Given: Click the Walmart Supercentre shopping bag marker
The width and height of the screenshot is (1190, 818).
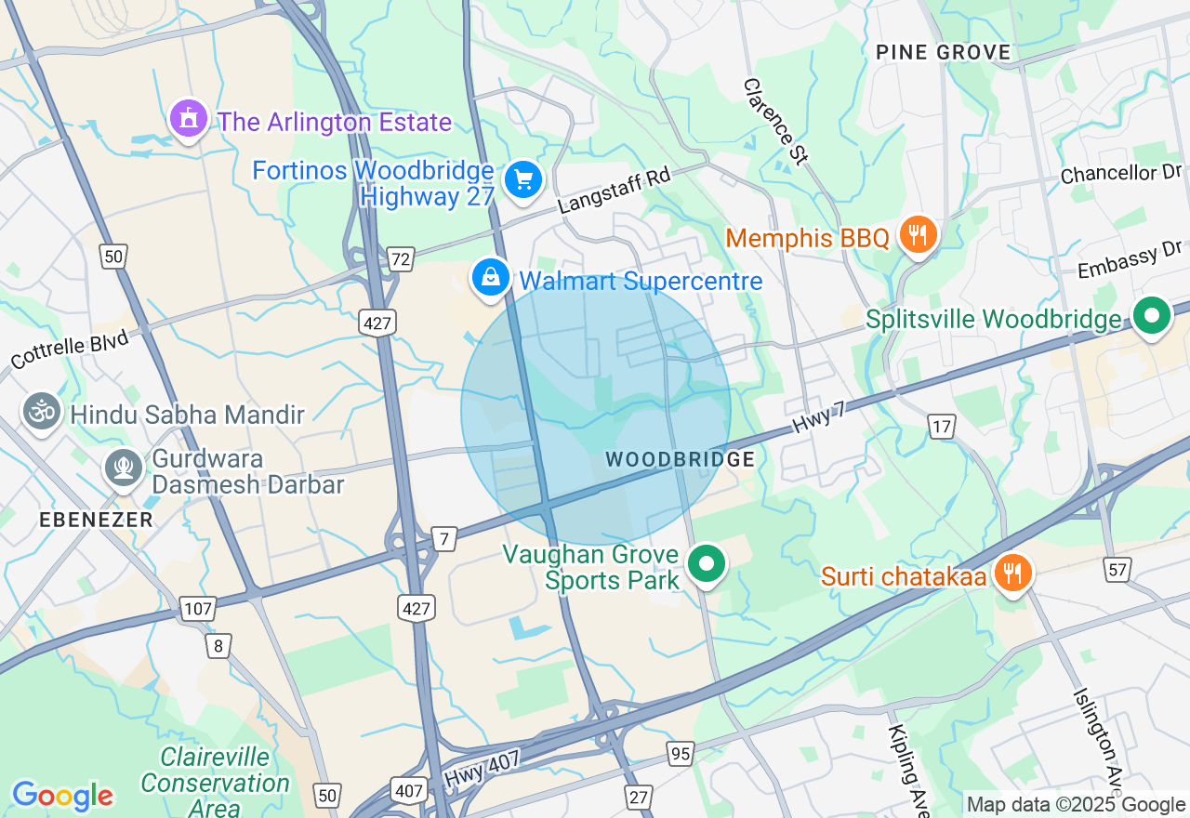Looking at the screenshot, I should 490,277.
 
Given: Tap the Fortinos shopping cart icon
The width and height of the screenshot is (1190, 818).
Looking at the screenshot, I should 522,180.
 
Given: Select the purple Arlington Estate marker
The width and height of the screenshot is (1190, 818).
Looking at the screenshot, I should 189,119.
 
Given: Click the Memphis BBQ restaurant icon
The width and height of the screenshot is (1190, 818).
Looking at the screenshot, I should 918,234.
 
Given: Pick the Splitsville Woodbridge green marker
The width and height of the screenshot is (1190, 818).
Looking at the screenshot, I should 1152,317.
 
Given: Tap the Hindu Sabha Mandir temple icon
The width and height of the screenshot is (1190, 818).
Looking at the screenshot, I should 42,413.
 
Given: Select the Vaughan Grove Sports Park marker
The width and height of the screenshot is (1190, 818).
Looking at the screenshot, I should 707,563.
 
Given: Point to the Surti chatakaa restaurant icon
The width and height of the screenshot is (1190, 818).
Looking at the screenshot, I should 1011,573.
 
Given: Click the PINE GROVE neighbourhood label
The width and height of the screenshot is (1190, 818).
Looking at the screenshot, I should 943,52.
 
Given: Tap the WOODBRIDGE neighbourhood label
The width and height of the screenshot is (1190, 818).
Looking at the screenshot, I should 680,459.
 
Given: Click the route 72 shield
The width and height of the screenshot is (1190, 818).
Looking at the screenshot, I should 401,259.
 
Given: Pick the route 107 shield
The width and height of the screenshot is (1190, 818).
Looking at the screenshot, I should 197,610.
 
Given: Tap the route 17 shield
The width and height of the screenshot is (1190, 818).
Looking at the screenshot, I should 942,427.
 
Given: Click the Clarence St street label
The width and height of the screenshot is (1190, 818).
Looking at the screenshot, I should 774,121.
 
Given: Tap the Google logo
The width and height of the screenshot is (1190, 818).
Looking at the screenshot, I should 62,796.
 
